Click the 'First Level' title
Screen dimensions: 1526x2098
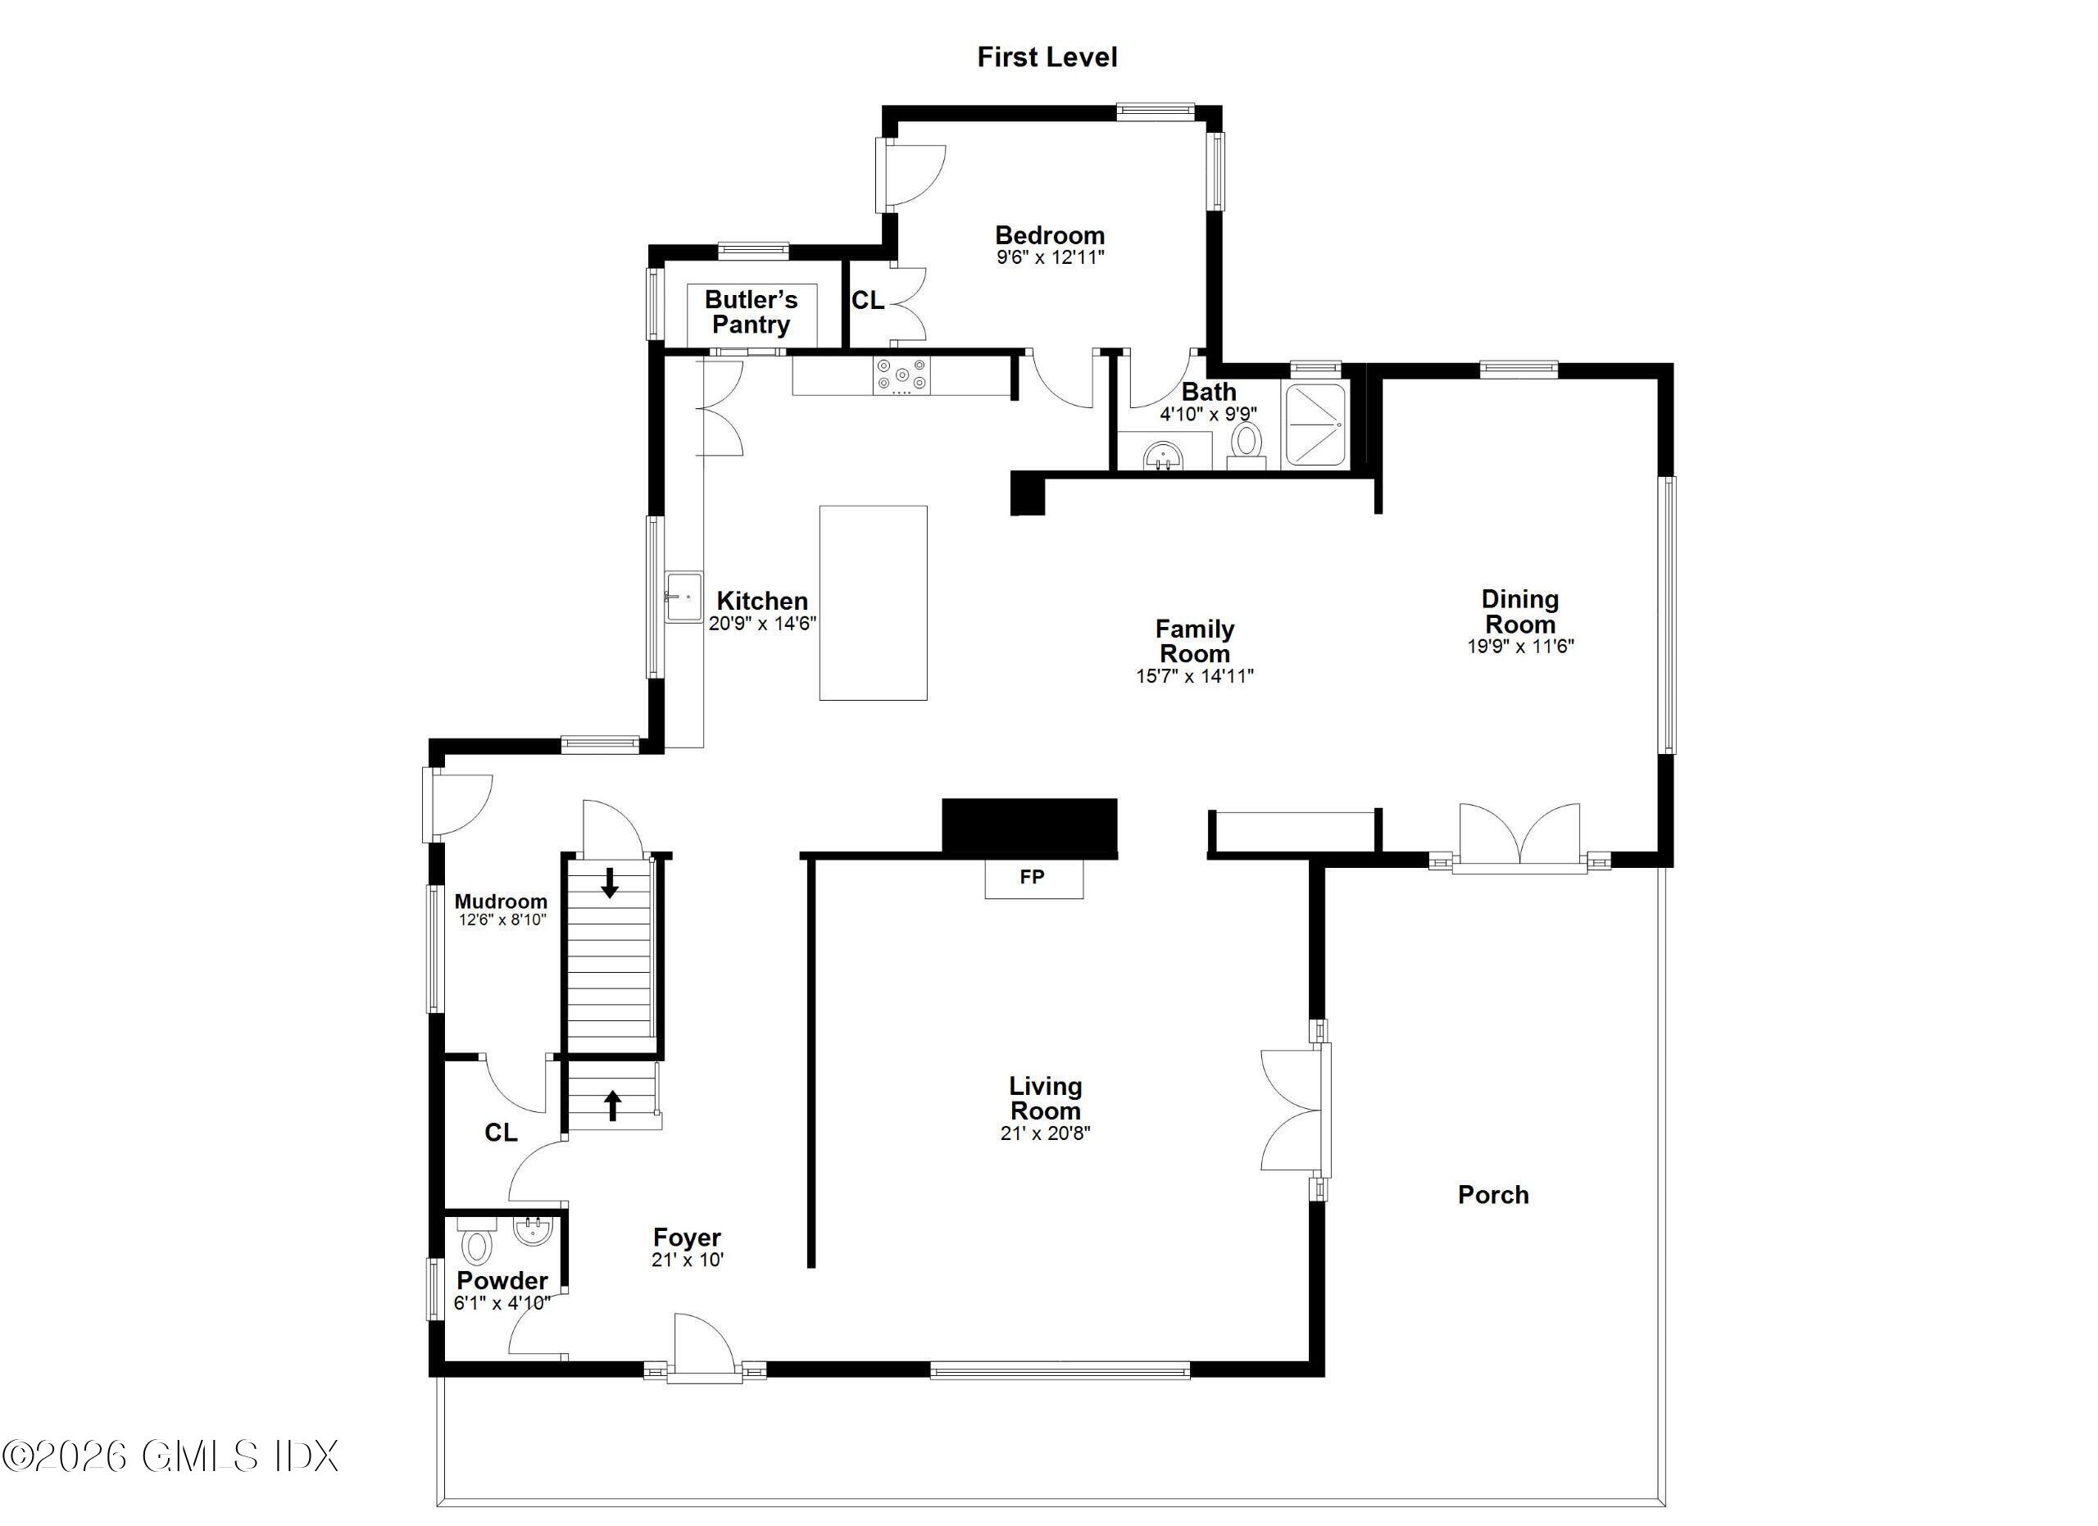tap(1047, 57)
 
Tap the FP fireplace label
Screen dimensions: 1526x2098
tap(1033, 877)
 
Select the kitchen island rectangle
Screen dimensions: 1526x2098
tap(872, 602)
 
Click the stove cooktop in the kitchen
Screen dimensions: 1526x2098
tap(902, 375)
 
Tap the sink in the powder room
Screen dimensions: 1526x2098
tap(533, 1231)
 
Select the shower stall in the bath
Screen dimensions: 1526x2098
tap(1315, 425)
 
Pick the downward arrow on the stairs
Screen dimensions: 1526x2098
tap(610, 883)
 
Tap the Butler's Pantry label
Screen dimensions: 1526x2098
tap(752, 312)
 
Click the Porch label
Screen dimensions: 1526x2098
tap(1493, 1195)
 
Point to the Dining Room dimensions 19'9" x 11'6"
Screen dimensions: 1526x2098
tap(1520, 647)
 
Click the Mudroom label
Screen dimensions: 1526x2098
tap(501, 901)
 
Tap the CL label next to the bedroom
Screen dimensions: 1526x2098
tap(868, 301)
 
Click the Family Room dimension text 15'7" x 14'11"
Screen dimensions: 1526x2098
tap(1194, 676)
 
